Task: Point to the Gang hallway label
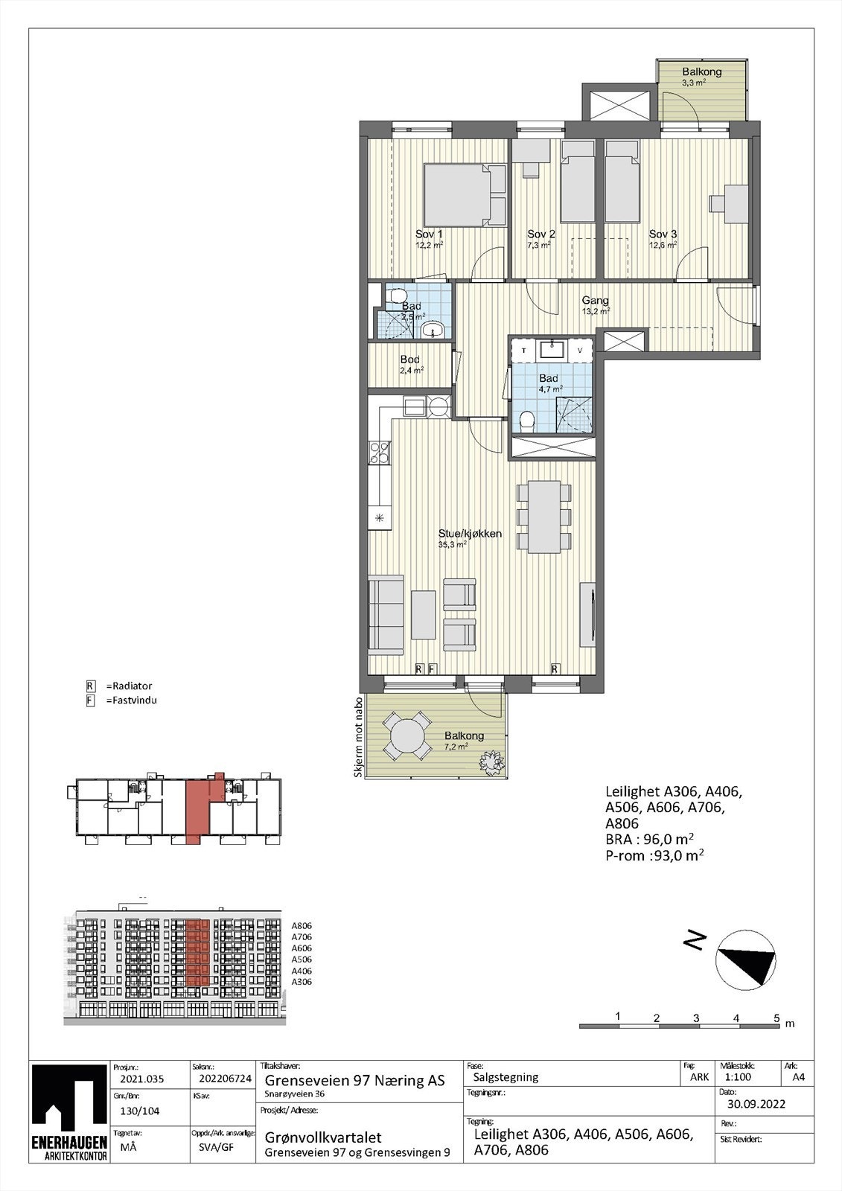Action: tap(596, 301)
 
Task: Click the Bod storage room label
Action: tap(411, 360)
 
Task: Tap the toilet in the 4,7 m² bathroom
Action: tap(526, 421)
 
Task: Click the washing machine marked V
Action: tap(581, 350)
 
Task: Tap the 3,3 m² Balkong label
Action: tap(701, 72)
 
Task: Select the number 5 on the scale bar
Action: tap(776, 1017)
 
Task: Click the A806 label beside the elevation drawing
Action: tap(302, 925)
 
